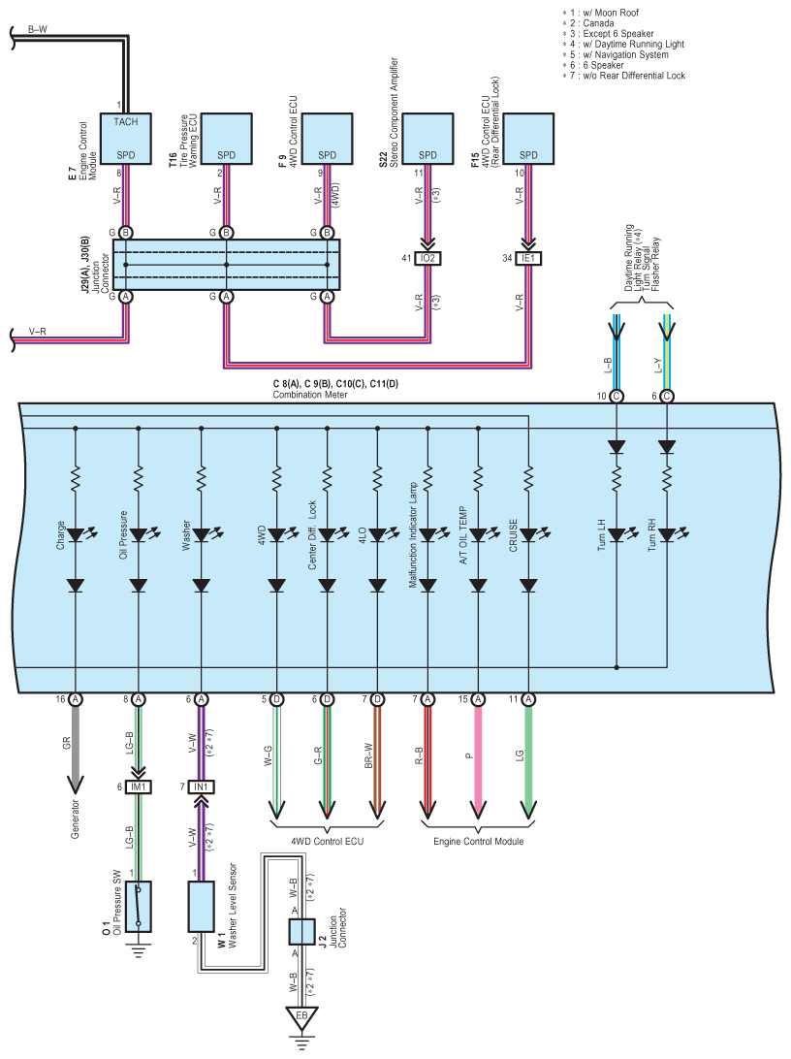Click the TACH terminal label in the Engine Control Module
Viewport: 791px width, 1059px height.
coord(126,121)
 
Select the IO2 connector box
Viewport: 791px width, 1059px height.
coord(427,258)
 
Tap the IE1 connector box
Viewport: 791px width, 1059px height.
coord(528,258)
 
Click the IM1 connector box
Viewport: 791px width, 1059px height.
coord(139,786)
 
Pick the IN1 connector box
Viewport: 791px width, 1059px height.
coord(201,786)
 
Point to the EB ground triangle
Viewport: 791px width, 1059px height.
coord(301,1018)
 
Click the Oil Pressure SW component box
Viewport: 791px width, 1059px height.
coord(139,907)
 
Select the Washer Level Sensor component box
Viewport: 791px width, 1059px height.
coord(201,907)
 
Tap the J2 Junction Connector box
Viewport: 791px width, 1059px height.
coord(301,932)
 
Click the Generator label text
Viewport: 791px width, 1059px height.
coord(75,818)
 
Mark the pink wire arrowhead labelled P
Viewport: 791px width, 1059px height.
coord(478,808)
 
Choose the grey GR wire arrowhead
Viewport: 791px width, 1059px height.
coord(75,785)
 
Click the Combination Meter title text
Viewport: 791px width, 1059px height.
coord(310,395)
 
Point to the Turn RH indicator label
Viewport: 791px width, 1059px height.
coord(651,535)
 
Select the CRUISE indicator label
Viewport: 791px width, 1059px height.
coord(513,535)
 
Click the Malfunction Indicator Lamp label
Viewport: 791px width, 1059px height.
coord(413,535)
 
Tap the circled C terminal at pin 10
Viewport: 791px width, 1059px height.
coord(617,397)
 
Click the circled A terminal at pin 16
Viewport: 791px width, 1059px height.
coord(76,699)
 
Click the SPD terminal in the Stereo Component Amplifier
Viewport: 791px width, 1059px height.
coord(427,155)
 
